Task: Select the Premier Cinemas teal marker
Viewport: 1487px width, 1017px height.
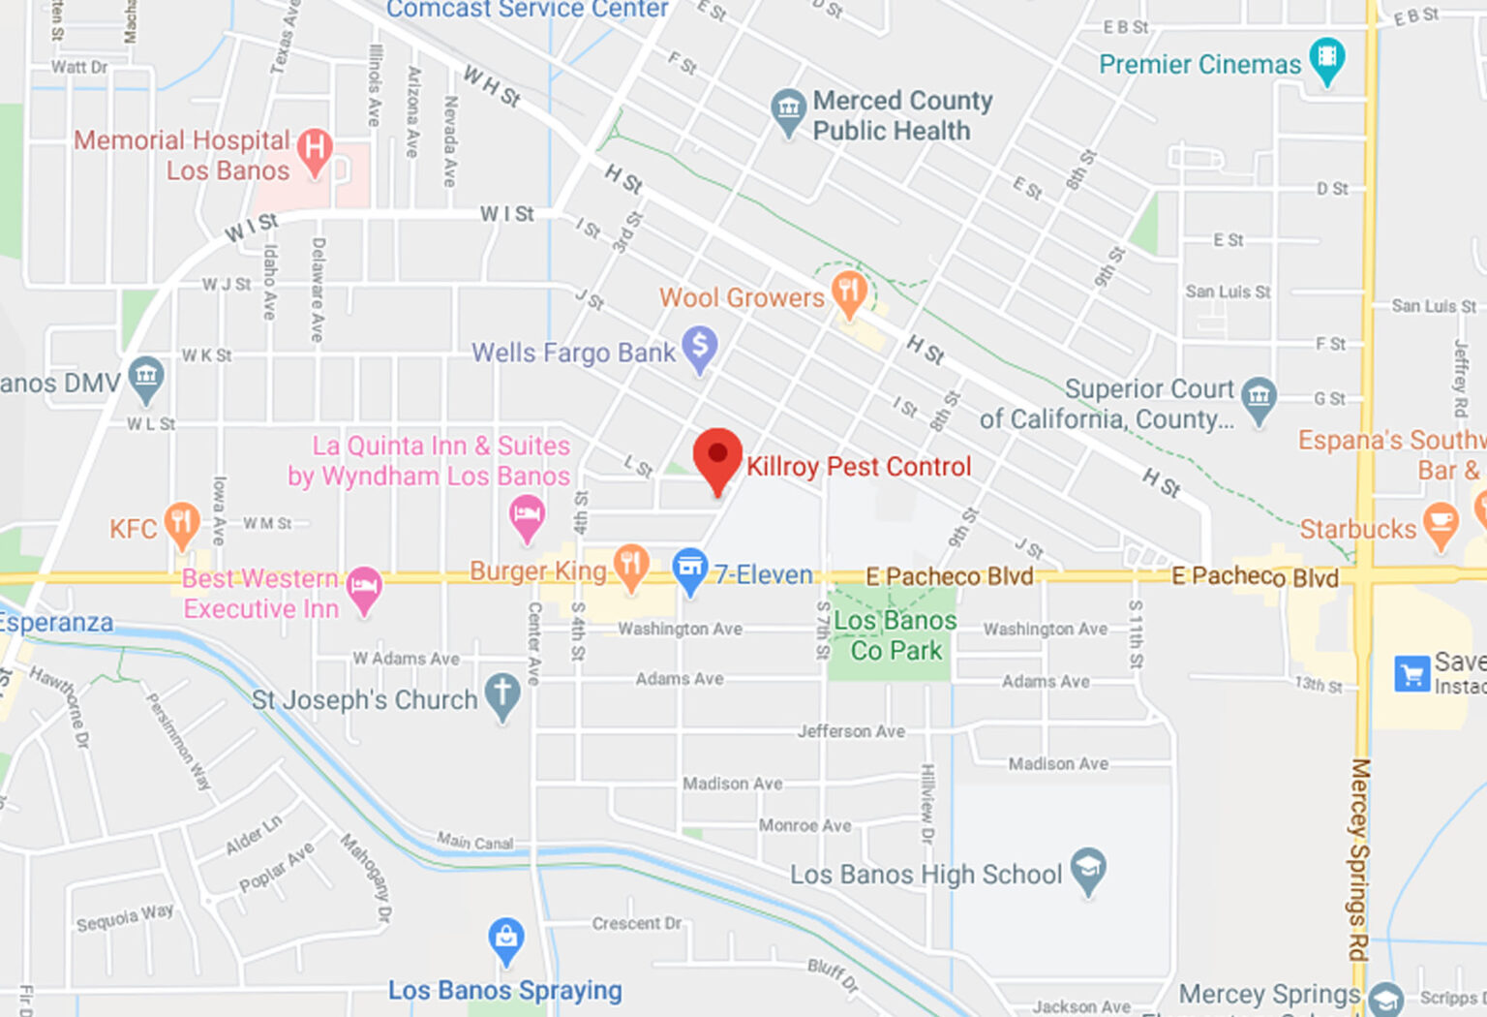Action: [1327, 58]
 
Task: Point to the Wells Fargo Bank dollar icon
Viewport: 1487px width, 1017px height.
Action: [700, 347]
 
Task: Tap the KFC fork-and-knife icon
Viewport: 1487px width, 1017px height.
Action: [181, 524]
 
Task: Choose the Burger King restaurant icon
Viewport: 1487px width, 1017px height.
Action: [631, 565]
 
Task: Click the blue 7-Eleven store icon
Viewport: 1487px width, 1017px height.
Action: [689, 569]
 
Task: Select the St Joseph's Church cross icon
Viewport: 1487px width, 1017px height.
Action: [501, 694]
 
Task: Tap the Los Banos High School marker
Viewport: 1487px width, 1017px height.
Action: [1088, 870]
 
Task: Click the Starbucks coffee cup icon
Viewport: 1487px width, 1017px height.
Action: [1441, 523]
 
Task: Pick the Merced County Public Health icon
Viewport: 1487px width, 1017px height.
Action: [788, 109]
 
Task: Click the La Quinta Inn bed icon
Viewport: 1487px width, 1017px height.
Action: [527, 515]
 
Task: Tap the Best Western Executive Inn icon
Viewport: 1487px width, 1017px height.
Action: [364, 587]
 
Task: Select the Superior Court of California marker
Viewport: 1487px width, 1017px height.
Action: [1259, 398]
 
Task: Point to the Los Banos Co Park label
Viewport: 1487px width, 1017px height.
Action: [895, 635]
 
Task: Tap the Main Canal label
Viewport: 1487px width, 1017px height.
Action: [474, 842]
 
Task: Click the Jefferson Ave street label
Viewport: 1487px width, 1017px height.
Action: [851, 731]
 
